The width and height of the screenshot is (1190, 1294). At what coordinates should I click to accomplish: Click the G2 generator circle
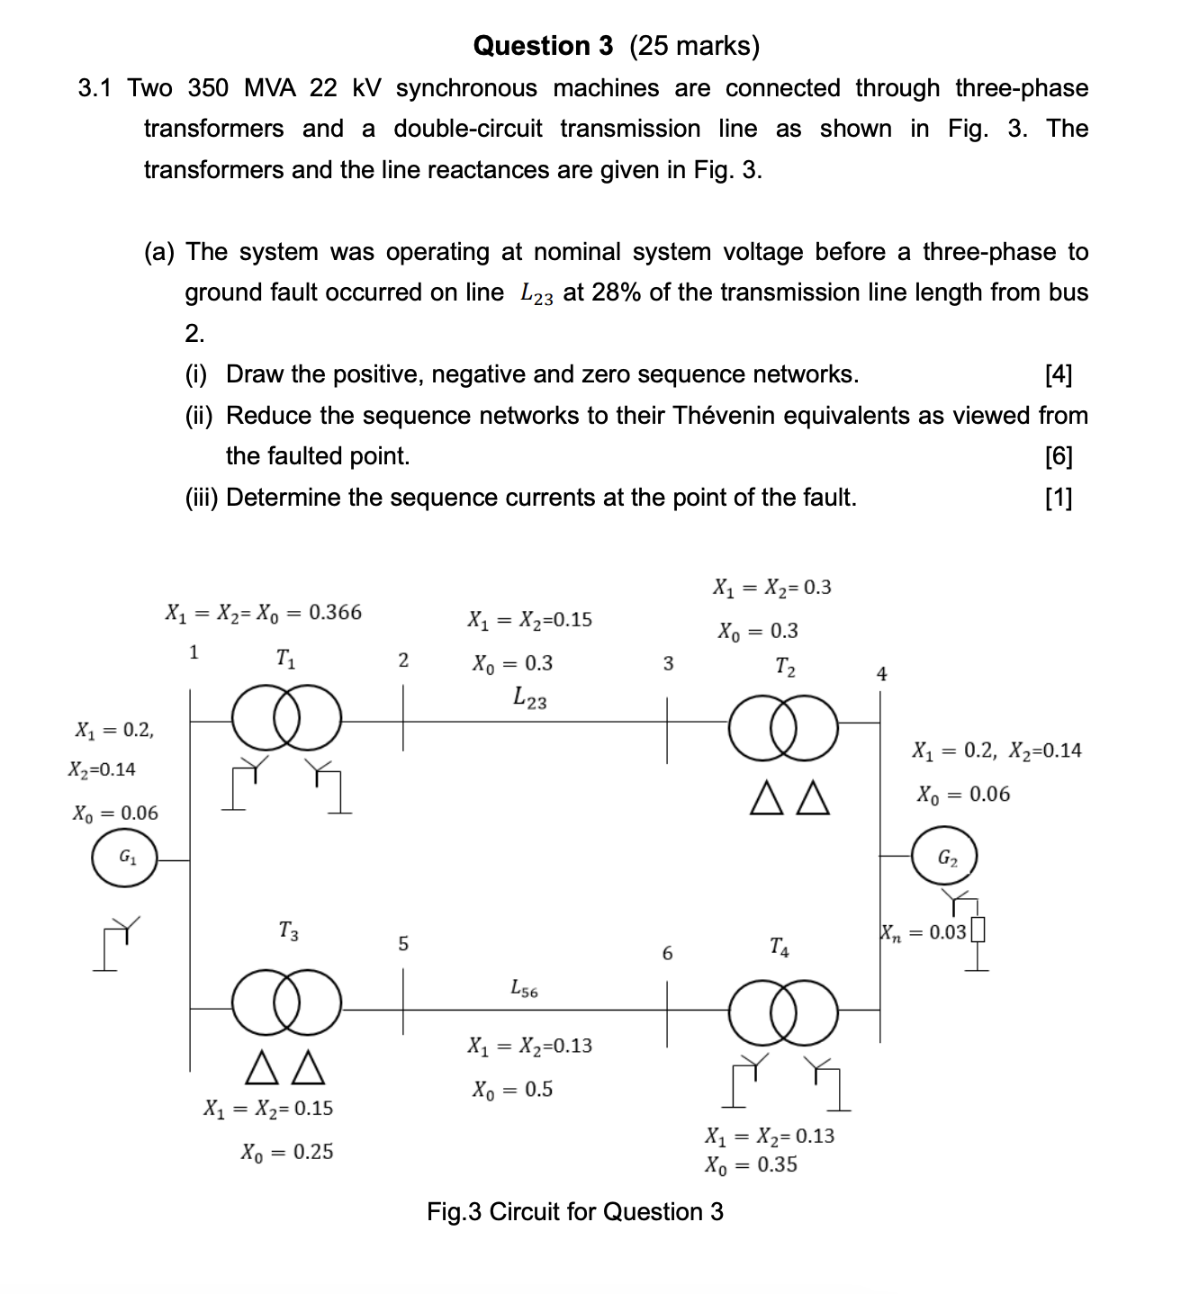pos(945,857)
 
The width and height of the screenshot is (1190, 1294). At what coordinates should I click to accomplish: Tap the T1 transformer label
pos(285,659)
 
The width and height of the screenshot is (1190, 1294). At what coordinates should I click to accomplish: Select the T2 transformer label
pos(785,667)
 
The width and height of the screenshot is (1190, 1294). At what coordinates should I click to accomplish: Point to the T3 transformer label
pos(288,930)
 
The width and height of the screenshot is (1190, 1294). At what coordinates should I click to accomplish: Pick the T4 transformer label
pos(780,947)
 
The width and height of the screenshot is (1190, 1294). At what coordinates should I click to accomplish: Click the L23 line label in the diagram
pos(529,697)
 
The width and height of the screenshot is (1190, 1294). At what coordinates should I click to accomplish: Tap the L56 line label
pos(524,989)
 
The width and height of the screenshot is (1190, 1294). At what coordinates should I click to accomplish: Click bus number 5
pos(403,943)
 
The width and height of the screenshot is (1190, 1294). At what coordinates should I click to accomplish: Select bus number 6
pos(667,953)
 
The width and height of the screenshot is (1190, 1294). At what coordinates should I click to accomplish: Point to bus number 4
pos(881,673)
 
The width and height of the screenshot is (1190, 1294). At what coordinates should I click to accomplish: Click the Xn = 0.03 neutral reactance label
pos(924,932)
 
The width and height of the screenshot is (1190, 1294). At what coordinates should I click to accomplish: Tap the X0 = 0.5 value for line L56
pos(512,1089)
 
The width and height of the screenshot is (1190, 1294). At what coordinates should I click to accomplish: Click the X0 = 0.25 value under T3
pos(287,1151)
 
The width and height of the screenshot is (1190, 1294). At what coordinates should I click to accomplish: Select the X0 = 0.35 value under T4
pos(752,1164)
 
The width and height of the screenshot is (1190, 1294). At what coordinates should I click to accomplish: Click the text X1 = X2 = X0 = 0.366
pos(264,613)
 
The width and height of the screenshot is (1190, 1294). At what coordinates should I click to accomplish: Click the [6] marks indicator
pos(1059,456)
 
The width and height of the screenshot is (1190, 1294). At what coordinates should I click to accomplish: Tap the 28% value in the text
pos(617,292)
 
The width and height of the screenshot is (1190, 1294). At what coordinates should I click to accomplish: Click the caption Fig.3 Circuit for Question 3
pos(575,1211)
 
